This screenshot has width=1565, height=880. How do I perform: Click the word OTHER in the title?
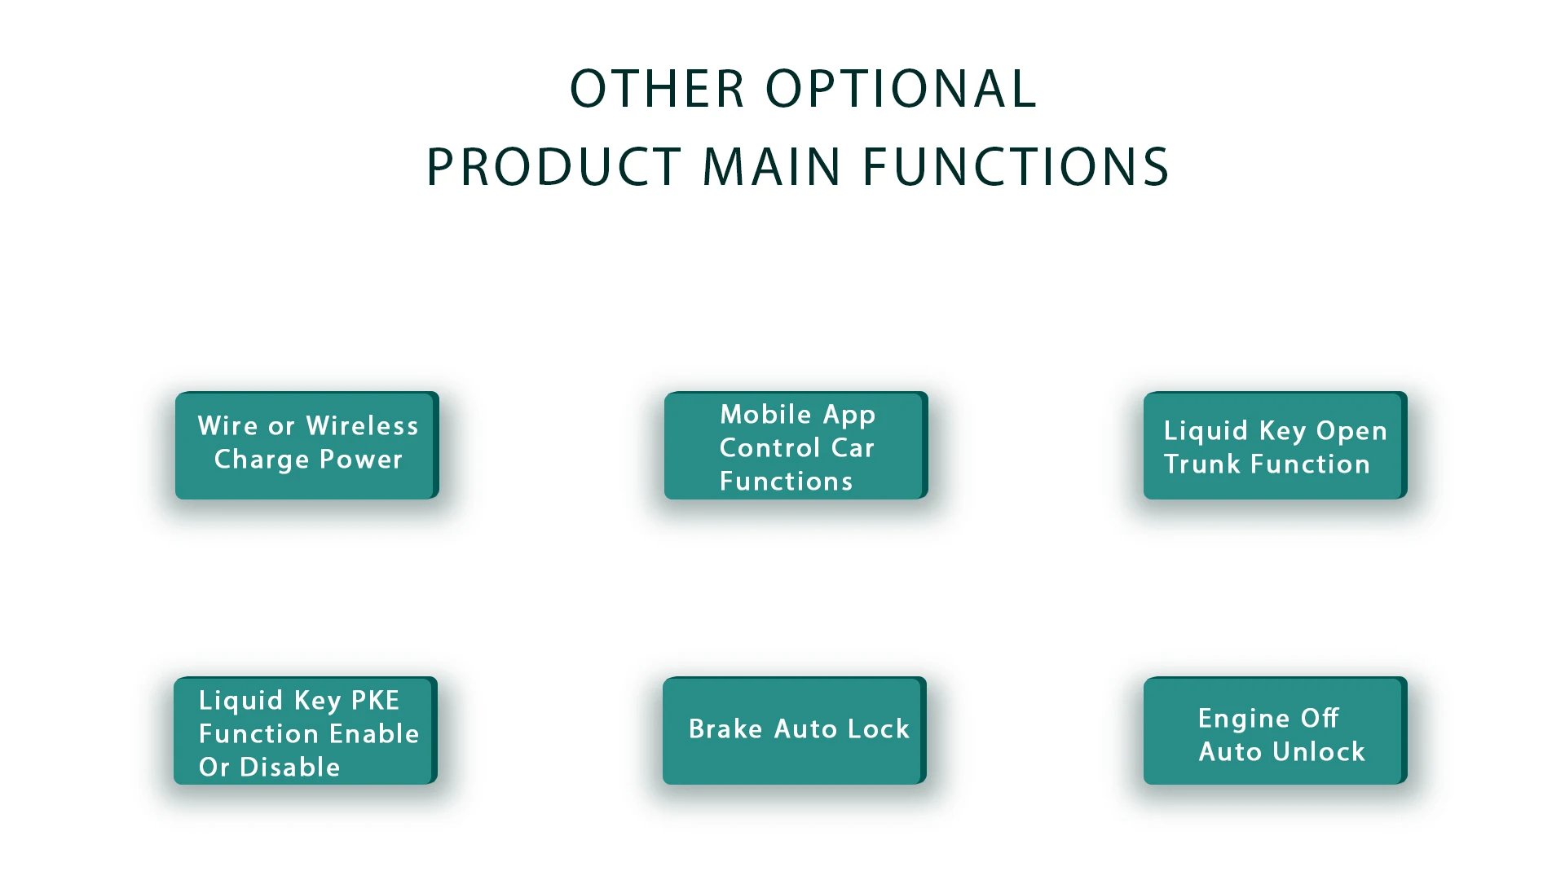tap(657, 89)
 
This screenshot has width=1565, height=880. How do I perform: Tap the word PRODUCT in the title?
tap(554, 167)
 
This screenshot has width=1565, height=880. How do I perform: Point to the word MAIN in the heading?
tap(771, 167)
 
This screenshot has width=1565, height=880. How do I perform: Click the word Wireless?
tap(362, 426)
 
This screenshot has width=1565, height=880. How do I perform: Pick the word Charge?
tap(262, 460)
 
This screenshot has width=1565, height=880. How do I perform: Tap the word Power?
tap(361, 460)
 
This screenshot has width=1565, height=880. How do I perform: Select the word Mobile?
tap(765, 415)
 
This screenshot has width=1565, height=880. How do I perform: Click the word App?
tap(849, 416)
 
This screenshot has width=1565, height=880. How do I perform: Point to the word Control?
tap(769, 448)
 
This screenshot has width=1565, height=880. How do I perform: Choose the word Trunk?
tap(1202, 464)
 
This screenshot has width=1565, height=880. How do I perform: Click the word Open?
tap(1351, 431)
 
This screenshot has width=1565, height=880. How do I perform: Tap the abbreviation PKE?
tap(375, 701)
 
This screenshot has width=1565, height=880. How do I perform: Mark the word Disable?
tap(289, 768)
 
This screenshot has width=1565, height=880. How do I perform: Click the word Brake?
tap(725, 729)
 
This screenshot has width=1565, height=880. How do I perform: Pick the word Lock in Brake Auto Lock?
tap(879, 729)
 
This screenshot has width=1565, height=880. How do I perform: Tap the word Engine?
tap(1244, 719)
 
